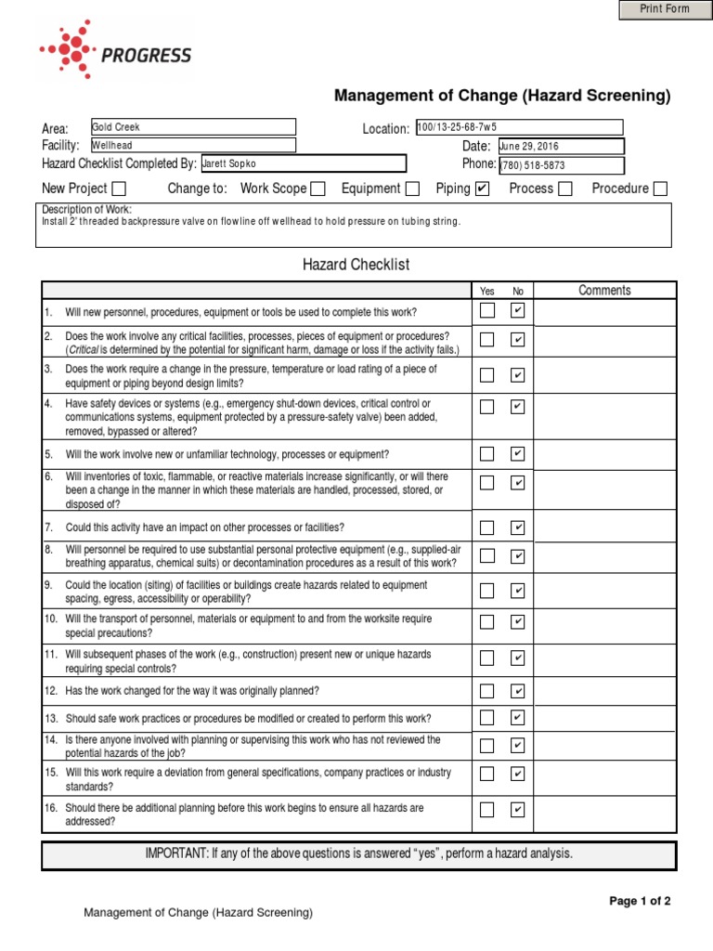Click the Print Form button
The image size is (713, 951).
[x=666, y=9]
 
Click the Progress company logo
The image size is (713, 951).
[x=116, y=54]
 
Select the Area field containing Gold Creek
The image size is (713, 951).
[x=192, y=127]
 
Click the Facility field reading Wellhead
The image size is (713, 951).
[x=192, y=146]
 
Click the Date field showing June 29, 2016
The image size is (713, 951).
[x=560, y=147]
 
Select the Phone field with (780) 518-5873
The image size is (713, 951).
[x=560, y=165]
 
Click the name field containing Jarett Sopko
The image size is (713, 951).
[x=303, y=164]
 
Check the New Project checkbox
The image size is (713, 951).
[x=119, y=189]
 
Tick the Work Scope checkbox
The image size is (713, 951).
[x=318, y=189]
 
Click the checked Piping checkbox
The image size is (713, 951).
[x=481, y=189]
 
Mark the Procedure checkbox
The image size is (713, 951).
[x=659, y=189]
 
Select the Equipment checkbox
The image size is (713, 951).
[x=412, y=189]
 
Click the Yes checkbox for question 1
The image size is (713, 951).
[x=487, y=311]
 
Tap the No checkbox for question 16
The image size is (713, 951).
[x=517, y=810]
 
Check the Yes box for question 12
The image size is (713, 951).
[x=487, y=691]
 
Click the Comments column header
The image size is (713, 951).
[x=604, y=291]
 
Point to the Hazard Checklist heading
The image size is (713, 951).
[x=356, y=266]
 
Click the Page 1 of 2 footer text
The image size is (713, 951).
[x=640, y=901]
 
